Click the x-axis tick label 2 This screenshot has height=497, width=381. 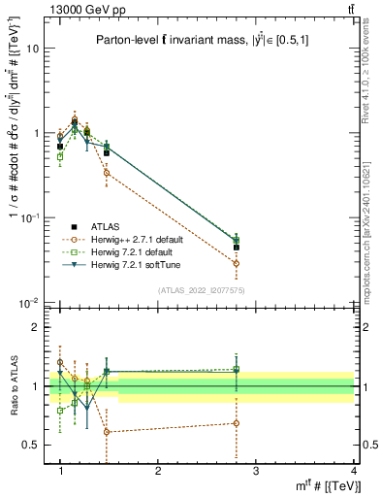158,471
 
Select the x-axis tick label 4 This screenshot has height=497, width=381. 354,471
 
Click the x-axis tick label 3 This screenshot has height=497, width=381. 256,471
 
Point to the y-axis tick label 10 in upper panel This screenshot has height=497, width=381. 32,48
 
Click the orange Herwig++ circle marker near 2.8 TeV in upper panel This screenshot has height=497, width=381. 236,263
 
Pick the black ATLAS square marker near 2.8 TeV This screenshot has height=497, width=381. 236,248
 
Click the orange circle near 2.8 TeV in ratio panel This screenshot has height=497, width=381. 236,423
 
